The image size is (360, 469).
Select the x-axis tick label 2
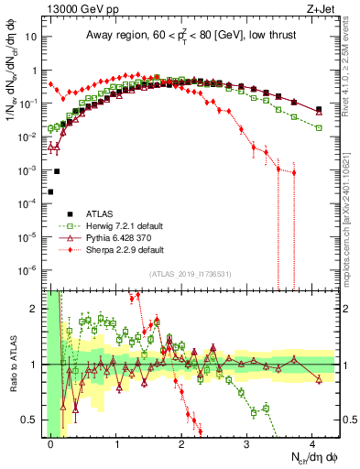[x=182, y=442]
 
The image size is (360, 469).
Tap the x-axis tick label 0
[x=51, y=442]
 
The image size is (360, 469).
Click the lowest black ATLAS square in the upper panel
[x=50, y=191]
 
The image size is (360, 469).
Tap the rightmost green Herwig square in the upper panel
[x=319, y=127]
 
